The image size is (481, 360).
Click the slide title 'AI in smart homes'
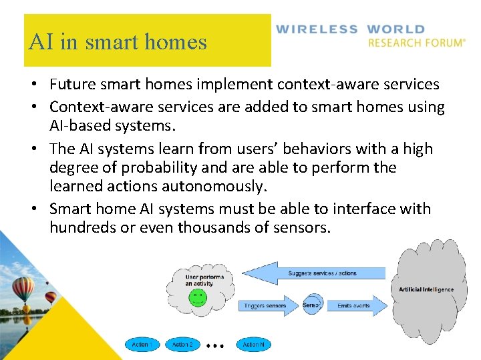(x=118, y=42)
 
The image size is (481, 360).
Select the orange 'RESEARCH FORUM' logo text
(x=416, y=43)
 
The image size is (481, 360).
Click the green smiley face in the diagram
(x=197, y=297)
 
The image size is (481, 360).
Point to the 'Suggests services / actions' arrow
(x=314, y=273)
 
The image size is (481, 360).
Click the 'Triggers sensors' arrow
(x=265, y=305)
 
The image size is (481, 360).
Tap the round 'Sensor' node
(x=312, y=305)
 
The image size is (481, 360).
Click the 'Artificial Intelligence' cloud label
(x=426, y=289)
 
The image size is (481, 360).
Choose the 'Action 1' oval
(x=140, y=345)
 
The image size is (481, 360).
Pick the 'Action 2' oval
(x=182, y=345)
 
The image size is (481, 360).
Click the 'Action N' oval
(x=253, y=345)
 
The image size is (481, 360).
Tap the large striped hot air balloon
(x=23, y=288)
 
